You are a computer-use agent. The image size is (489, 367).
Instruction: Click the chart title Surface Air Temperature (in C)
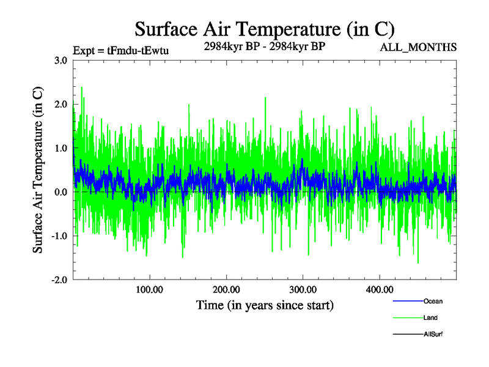tap(265, 29)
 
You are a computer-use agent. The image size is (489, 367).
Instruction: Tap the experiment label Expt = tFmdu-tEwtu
tap(120, 50)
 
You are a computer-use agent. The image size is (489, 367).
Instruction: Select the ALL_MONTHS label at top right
tap(418, 47)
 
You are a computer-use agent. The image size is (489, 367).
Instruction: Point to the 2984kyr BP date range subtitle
tap(264, 45)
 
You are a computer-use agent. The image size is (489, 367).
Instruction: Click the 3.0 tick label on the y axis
tap(61, 61)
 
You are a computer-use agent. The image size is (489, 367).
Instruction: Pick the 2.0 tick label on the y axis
tap(61, 105)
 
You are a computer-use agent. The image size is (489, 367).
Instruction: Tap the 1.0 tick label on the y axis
tap(61, 149)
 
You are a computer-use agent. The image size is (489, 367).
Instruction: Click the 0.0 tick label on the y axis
tap(61, 192)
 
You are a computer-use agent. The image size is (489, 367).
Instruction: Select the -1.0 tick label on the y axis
tap(59, 236)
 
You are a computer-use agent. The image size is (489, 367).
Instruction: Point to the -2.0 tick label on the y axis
tap(59, 280)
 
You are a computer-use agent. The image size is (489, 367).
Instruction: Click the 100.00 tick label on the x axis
tap(149, 290)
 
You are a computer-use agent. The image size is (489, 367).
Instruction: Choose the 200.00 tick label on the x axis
tap(226, 290)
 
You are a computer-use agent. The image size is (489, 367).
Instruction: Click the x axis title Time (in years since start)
tap(265, 305)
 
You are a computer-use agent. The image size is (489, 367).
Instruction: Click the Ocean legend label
tap(433, 301)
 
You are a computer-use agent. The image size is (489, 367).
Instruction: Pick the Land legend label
tap(430, 317)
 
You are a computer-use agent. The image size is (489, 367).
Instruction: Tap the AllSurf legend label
tap(433, 334)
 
